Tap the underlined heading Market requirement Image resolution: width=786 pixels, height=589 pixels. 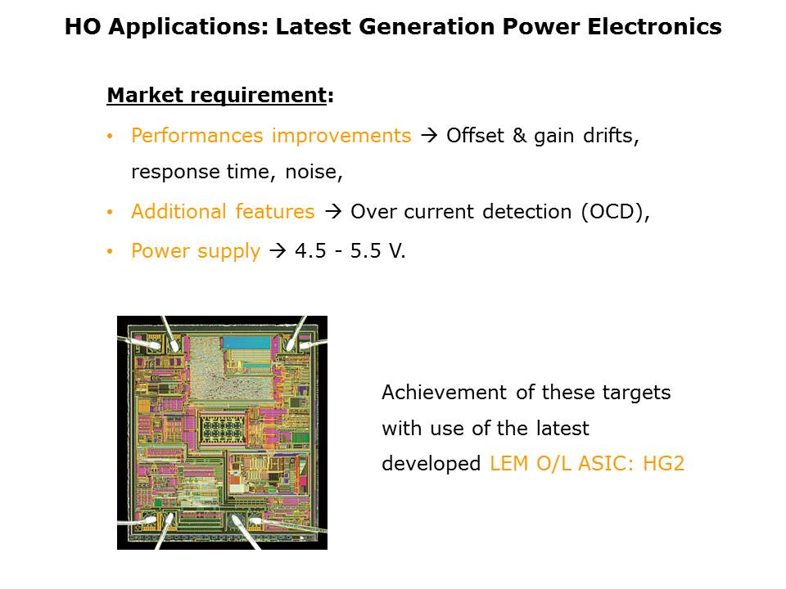pos(216,95)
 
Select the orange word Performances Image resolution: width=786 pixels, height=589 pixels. pos(197,136)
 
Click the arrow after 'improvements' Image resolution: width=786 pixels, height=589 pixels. pos(429,135)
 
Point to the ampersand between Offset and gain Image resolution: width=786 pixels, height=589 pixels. pos(519,136)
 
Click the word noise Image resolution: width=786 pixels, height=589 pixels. pos(314,173)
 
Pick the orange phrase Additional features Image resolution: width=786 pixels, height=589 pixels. pos(223,211)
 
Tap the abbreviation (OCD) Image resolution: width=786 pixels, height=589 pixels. pos(612,211)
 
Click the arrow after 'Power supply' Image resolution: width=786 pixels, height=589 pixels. pos(278,250)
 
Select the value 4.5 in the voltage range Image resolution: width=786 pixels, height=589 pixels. pos(311,251)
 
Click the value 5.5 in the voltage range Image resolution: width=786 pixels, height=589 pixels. pos(365,251)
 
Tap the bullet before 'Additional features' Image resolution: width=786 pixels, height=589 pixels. pos(111,213)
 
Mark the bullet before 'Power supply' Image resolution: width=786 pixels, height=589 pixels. pos(111,251)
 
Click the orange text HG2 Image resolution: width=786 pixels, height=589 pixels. pos(664,464)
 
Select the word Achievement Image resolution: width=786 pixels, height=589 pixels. pos(445,393)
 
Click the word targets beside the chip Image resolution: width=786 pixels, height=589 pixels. pos(637,393)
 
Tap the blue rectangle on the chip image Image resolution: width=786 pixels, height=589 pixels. pos(246,343)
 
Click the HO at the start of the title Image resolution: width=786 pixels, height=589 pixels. pos(83,26)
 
